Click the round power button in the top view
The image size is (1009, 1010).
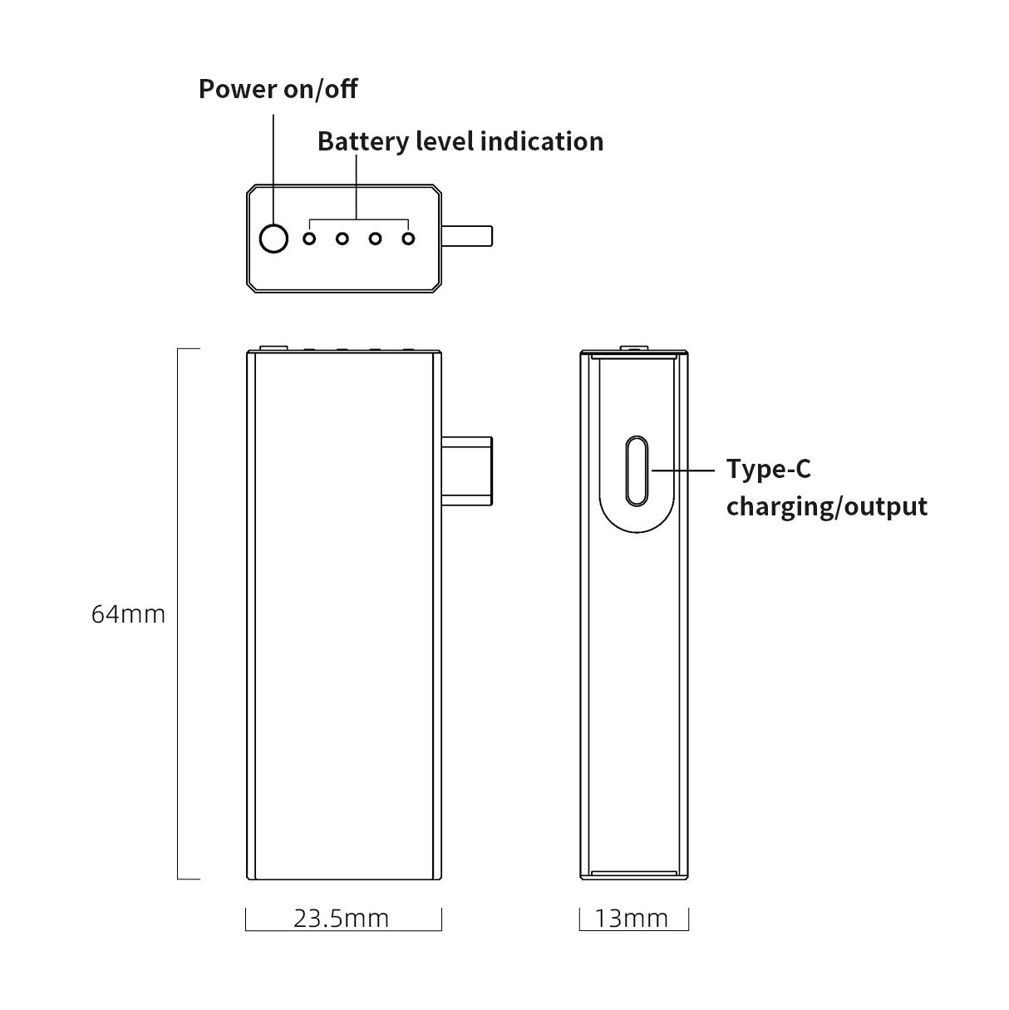click(273, 239)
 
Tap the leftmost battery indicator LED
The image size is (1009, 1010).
click(309, 239)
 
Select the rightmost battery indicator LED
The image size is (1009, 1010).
click(408, 239)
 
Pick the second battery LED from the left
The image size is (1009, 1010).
click(342, 239)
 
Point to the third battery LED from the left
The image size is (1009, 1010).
click(376, 239)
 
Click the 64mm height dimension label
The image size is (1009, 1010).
click(129, 614)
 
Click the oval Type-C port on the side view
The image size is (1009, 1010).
click(637, 471)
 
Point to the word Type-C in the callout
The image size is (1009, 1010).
click(769, 469)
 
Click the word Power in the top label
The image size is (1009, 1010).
click(239, 89)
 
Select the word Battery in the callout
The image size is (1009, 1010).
click(363, 142)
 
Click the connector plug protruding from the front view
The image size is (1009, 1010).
click(466, 471)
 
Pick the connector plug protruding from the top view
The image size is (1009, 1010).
click(467, 236)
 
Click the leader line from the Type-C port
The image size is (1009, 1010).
click(683, 471)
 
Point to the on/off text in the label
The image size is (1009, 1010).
click(321, 89)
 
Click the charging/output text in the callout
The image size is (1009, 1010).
click(827, 507)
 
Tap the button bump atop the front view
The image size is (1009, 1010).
click(273, 347)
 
